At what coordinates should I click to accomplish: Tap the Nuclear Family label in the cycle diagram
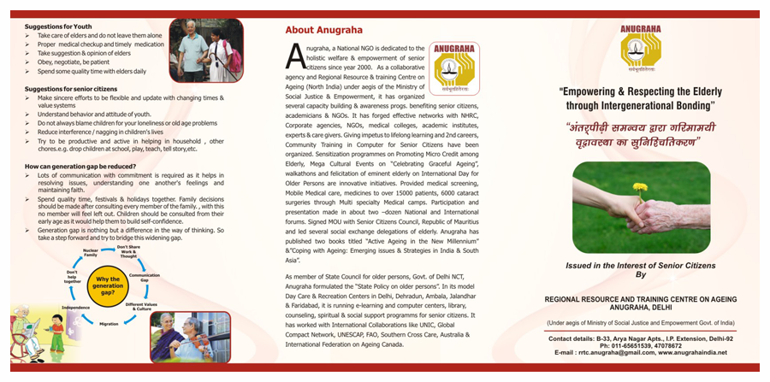click(x=90, y=252)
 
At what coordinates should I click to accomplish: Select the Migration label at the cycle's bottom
click(x=109, y=324)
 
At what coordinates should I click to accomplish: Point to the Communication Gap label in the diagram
click(x=145, y=278)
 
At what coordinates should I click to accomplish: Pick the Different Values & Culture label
click(x=141, y=305)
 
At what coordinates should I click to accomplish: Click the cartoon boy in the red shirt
click(x=56, y=328)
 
